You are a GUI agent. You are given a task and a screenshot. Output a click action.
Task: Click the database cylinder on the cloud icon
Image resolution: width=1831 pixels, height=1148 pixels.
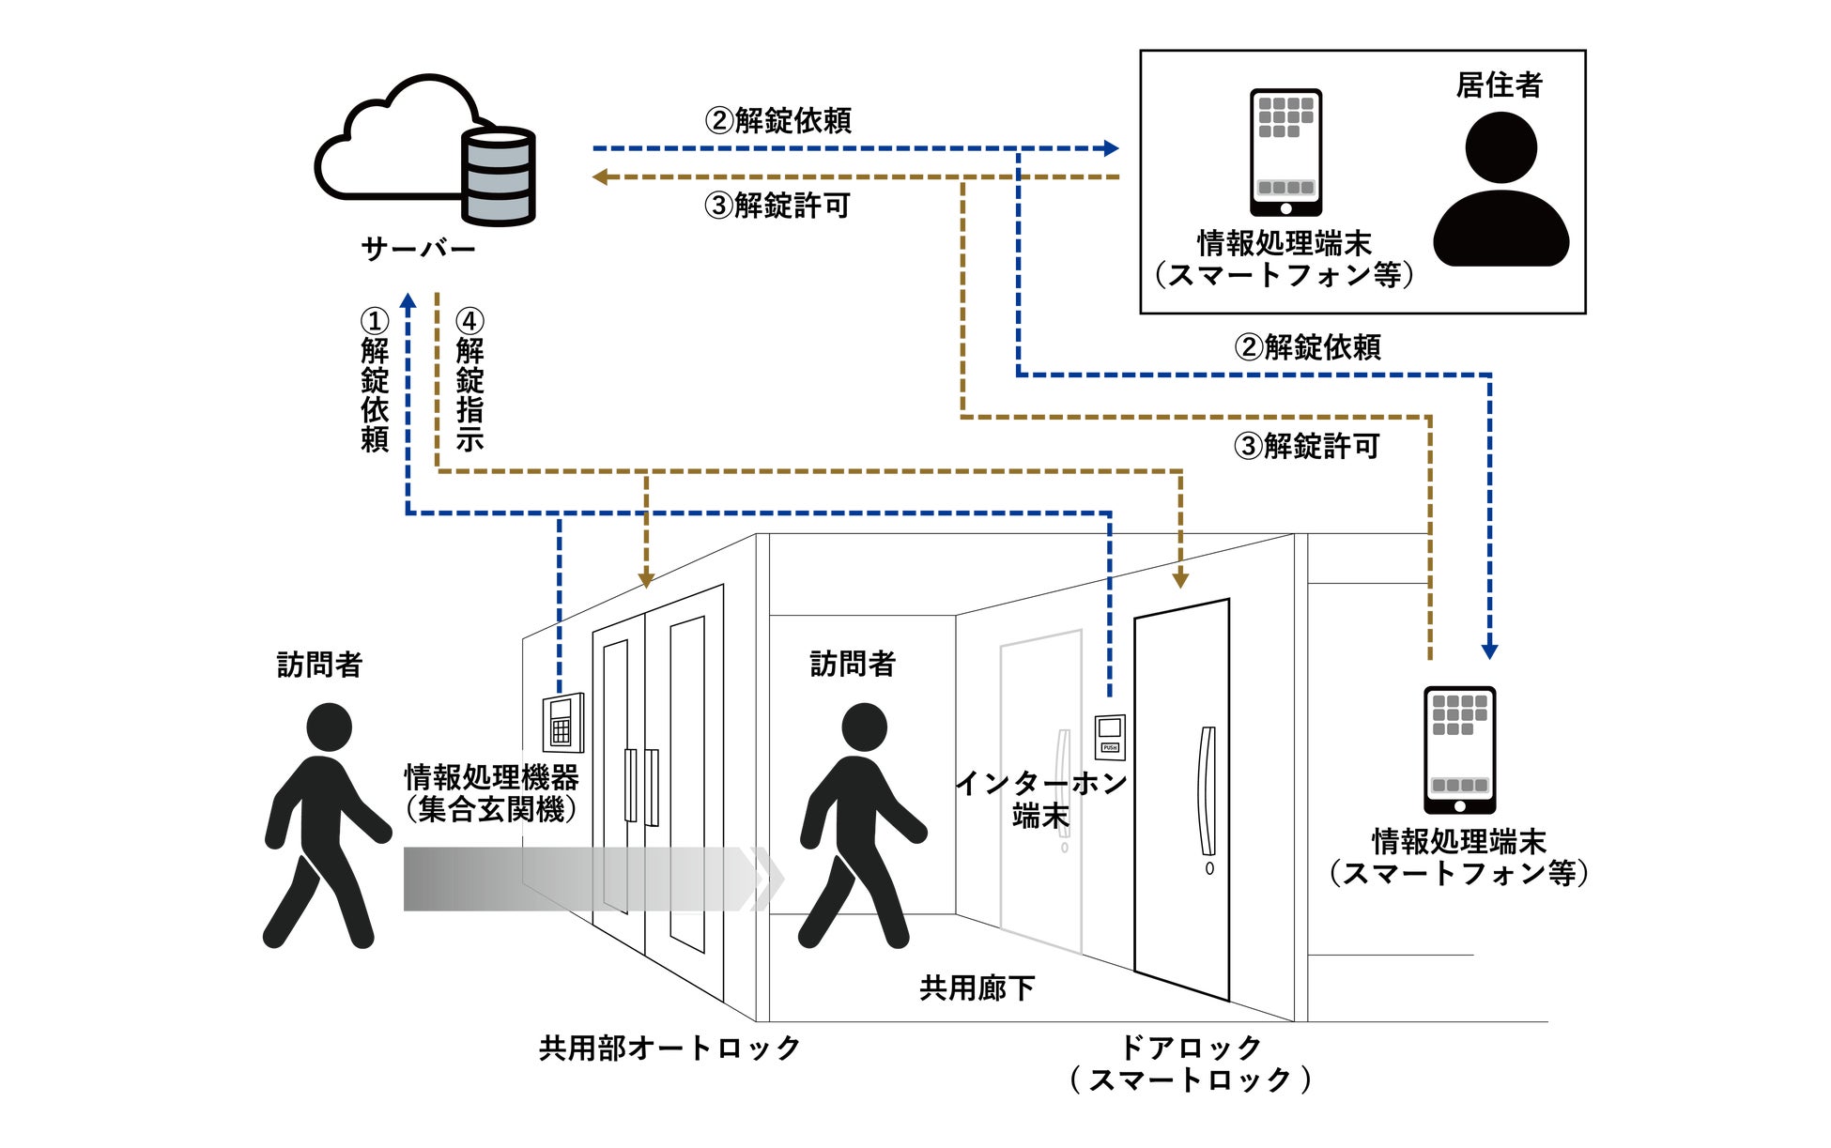click(x=498, y=176)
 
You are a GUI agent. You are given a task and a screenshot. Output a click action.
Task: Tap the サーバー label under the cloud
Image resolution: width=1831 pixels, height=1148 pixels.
click(x=418, y=249)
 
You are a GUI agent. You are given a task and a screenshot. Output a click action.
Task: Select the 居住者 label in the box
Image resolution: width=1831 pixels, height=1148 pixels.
click(x=1499, y=85)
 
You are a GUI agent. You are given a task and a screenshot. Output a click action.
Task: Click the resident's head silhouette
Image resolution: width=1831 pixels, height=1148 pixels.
click(x=1500, y=147)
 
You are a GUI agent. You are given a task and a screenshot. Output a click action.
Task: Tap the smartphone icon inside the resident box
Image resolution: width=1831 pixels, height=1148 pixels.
click(x=1285, y=152)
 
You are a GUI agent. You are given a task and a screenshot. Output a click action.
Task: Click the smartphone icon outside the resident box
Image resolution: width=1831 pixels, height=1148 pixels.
click(x=1459, y=749)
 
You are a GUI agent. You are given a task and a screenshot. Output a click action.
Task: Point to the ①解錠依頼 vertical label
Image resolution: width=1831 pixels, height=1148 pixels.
click(x=375, y=380)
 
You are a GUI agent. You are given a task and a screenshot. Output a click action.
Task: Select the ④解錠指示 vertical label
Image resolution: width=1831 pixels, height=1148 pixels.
click(x=469, y=380)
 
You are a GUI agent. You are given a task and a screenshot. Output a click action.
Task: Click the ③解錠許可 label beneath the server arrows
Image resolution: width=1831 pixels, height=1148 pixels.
click(x=777, y=206)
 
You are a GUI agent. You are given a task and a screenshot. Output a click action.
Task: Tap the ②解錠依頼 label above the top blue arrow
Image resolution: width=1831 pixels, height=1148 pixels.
click(x=778, y=120)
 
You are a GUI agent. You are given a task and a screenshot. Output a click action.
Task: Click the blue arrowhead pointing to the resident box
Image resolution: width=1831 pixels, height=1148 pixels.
click(x=1112, y=148)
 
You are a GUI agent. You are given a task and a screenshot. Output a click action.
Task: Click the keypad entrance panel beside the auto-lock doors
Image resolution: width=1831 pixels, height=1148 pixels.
click(x=562, y=723)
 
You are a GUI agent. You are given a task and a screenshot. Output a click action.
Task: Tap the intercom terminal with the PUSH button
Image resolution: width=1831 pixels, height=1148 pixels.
click(x=1110, y=736)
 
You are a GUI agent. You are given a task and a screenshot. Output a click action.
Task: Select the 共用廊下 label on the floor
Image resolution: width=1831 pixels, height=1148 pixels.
click(x=977, y=987)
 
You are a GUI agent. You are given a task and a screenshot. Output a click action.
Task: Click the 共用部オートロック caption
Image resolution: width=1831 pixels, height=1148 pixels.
click(x=669, y=1048)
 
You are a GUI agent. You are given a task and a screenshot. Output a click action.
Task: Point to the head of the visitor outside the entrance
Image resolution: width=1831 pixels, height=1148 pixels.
click(x=329, y=727)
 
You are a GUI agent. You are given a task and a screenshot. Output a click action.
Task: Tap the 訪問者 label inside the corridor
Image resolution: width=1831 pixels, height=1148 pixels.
click(x=852, y=664)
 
